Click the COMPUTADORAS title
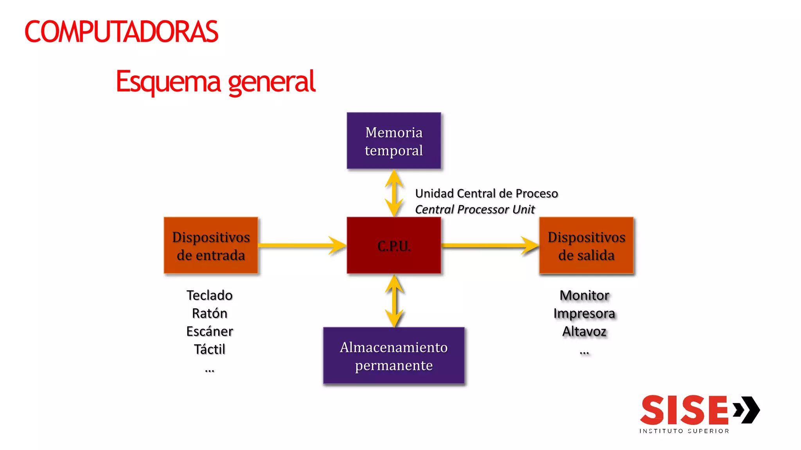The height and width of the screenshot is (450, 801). (x=121, y=32)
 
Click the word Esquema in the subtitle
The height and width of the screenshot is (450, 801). (x=169, y=82)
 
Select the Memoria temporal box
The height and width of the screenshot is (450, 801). (x=393, y=141)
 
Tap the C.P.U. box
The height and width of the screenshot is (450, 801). (x=393, y=246)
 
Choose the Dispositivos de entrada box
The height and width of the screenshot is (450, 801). (x=211, y=246)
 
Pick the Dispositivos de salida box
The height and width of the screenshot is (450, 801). (x=586, y=246)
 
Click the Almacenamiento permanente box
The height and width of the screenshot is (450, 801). (x=393, y=356)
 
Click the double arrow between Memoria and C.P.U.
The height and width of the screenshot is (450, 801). (x=394, y=193)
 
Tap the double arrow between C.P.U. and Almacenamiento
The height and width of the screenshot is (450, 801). (x=394, y=301)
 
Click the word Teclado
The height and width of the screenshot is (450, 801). (x=210, y=295)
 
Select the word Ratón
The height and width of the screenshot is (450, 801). (x=210, y=313)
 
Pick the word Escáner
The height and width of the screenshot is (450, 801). (x=210, y=331)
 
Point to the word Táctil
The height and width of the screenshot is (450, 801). (x=210, y=349)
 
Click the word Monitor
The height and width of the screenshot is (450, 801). (x=584, y=295)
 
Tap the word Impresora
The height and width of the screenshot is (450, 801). (x=584, y=313)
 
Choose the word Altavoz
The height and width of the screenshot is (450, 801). (x=584, y=331)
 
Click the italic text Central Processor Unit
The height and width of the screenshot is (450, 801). (x=474, y=210)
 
